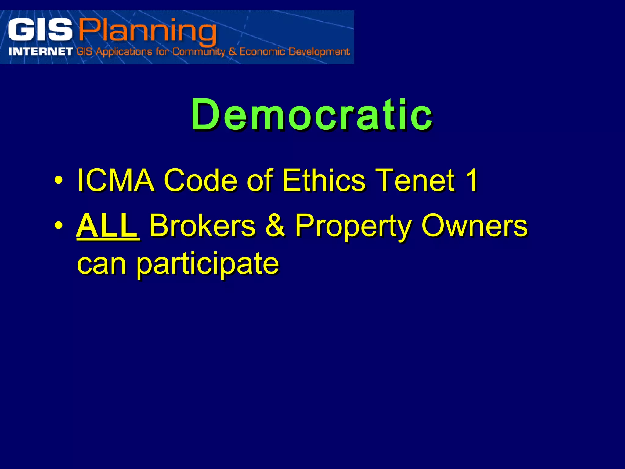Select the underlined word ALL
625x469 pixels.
coord(107,226)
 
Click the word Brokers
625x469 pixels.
coord(202,226)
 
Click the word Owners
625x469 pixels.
coord(474,226)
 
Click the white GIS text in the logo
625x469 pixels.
coord(40,30)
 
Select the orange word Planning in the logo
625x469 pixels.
coord(148,31)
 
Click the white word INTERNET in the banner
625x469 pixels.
coord(41,51)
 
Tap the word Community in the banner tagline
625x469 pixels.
coord(198,51)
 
